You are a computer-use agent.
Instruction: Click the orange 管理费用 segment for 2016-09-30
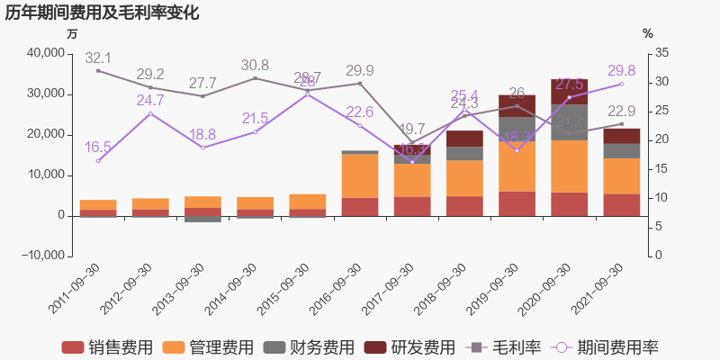pos(360,175)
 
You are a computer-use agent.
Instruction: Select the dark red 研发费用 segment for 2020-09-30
pos(569,92)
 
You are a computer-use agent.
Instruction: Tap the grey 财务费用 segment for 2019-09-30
pos(517,129)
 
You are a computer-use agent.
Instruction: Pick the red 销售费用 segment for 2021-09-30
pos(621,204)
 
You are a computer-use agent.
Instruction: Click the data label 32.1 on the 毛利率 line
pos(98,58)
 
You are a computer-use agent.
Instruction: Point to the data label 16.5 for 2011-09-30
pos(98,147)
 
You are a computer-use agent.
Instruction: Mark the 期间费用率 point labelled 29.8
pos(621,84)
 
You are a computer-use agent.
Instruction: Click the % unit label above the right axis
pos(648,33)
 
